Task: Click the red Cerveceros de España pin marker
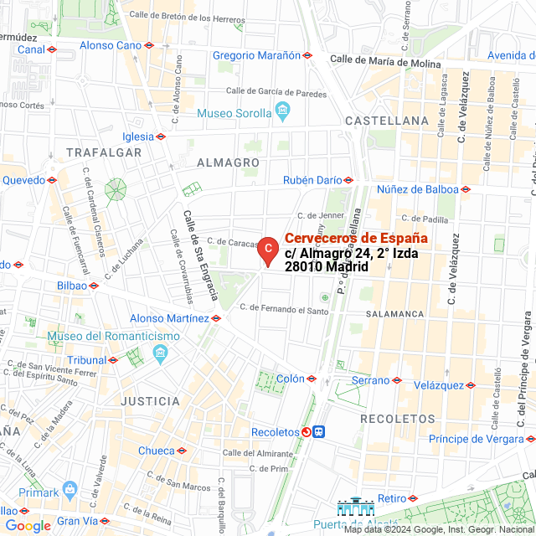pyautogui.click(x=266, y=250)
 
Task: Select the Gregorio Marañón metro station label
pyautogui.click(x=256, y=55)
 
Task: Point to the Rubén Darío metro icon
pyautogui.click(x=348, y=180)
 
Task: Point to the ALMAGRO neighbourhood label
pyautogui.click(x=228, y=162)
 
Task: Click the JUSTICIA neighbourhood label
pyautogui.click(x=150, y=401)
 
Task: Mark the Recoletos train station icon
pyautogui.click(x=321, y=432)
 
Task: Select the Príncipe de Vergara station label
pyautogui.click(x=475, y=439)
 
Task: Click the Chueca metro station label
pyautogui.click(x=156, y=451)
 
